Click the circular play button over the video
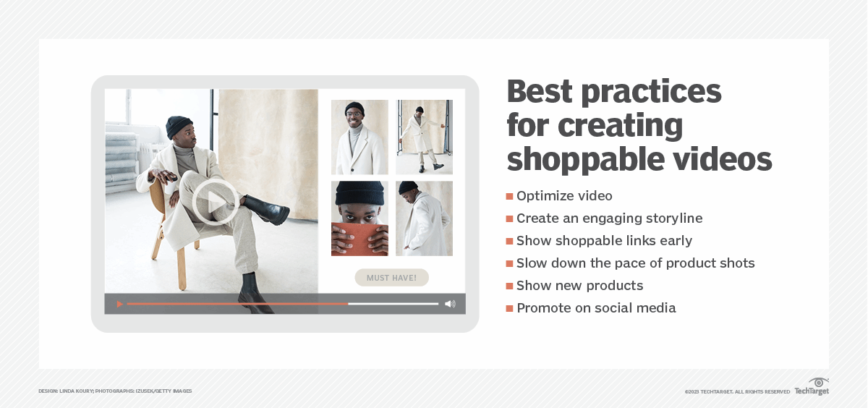tap(215, 203)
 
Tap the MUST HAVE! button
tap(391, 278)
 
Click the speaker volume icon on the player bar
tap(450, 304)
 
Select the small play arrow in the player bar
tap(119, 304)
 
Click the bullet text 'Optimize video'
tap(564, 196)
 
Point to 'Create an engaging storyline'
tap(609, 218)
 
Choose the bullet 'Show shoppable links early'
tap(604, 241)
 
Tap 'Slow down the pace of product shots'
tap(635, 263)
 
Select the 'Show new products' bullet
tap(579, 286)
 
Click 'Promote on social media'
tap(596, 308)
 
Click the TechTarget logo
tap(812, 386)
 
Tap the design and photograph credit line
tap(115, 391)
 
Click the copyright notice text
tap(737, 391)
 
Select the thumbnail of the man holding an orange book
tap(359, 218)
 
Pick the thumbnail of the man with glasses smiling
tap(359, 137)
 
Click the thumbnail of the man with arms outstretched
tap(424, 137)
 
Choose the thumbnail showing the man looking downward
tap(424, 218)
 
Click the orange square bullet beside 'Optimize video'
tap(509, 197)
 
